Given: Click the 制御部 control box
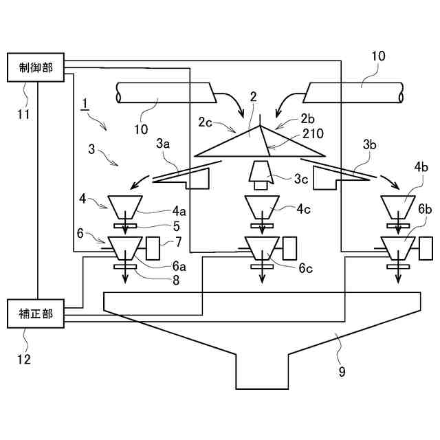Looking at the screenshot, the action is pyautogui.click(x=36, y=67).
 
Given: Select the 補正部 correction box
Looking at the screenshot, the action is pyautogui.click(x=36, y=313).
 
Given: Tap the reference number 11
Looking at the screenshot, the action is pyautogui.click(x=23, y=114).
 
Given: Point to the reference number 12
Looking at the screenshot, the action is pyautogui.click(x=23, y=359).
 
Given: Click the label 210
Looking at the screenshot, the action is pyautogui.click(x=313, y=133).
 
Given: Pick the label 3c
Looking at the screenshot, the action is pyautogui.click(x=301, y=179).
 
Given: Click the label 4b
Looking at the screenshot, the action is pyautogui.click(x=421, y=167).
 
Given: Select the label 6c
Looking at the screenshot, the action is pyautogui.click(x=305, y=268).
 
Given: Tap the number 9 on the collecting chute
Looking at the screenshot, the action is pyautogui.click(x=342, y=372).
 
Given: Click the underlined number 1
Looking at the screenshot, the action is pyautogui.click(x=85, y=104).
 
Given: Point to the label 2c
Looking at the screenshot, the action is pyautogui.click(x=205, y=122).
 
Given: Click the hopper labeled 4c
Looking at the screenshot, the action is pyautogui.click(x=262, y=207).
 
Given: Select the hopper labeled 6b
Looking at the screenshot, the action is pyautogui.click(x=398, y=248).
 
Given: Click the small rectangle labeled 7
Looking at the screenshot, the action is pyautogui.click(x=153, y=248).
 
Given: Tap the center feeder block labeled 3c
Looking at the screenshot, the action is pyautogui.click(x=261, y=175).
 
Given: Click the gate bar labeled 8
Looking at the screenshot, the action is pyautogui.click(x=125, y=267).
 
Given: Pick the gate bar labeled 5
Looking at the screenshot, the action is pyautogui.click(x=125, y=225).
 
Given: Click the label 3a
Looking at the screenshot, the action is pyautogui.click(x=163, y=144).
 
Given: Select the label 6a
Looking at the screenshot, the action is pyautogui.click(x=179, y=266).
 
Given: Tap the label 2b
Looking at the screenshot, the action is pyautogui.click(x=307, y=119).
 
